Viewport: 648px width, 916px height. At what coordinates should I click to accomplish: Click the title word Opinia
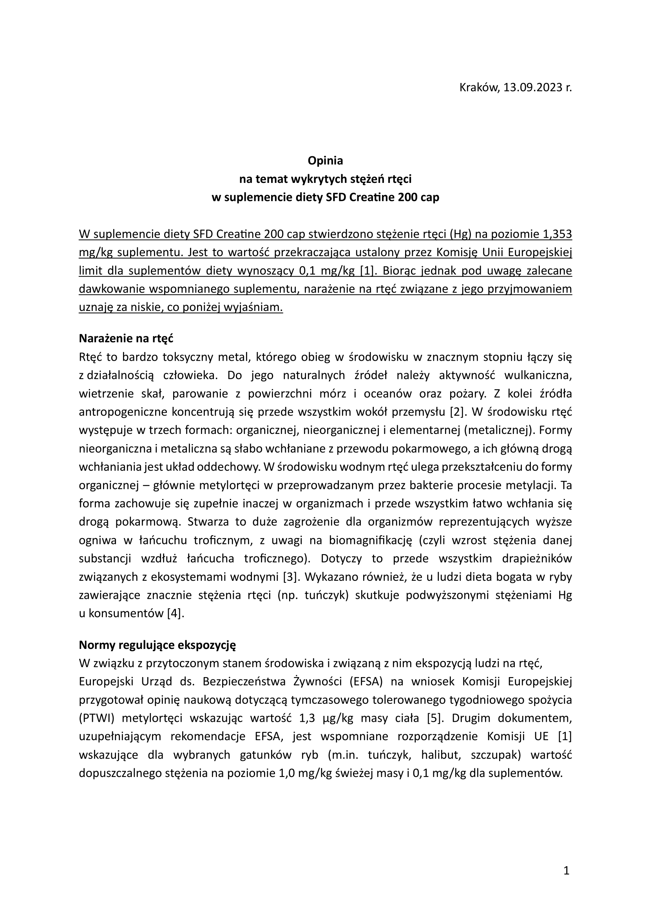pyautogui.click(x=325, y=161)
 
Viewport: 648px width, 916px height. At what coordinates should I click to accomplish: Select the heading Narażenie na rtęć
pyautogui.click(x=126, y=339)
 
